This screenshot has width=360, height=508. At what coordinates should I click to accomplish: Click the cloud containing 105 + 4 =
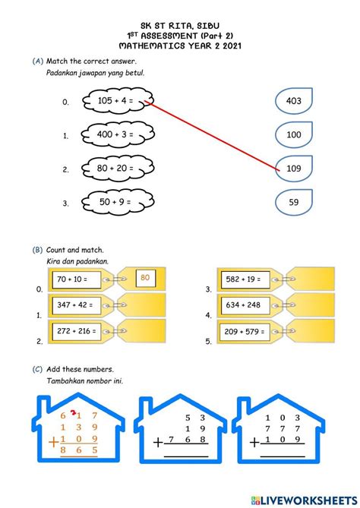coord(115,100)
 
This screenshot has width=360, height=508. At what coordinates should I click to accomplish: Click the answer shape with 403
coord(293,101)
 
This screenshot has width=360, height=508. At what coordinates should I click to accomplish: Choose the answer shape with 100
coord(293,134)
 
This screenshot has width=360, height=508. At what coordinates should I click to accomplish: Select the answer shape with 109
coord(293,168)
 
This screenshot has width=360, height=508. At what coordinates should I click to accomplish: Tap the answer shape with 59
coord(293,202)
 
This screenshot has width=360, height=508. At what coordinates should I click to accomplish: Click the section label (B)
coord(37,249)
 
